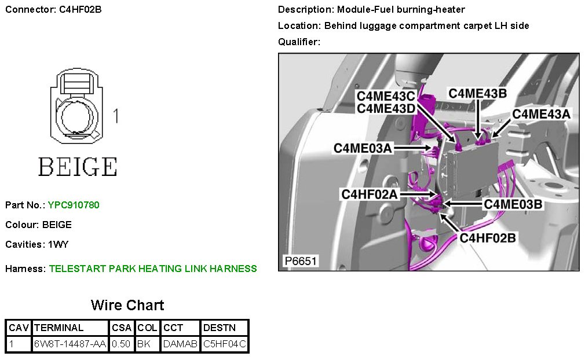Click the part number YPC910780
point(74,205)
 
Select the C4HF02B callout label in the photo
point(487,237)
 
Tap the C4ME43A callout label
point(541,115)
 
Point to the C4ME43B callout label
point(478,93)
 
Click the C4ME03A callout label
point(363,148)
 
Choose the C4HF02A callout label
point(370,194)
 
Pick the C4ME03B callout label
point(513,204)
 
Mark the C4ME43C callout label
point(386,96)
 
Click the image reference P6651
point(300,261)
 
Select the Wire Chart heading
point(127,305)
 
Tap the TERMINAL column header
point(58,328)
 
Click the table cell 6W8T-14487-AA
point(70,344)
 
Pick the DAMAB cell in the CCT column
point(180,344)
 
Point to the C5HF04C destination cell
point(225,344)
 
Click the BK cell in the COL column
point(143,344)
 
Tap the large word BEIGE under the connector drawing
point(78,167)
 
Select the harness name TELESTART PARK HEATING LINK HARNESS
point(153,269)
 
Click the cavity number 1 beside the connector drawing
point(116,116)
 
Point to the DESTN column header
point(220,328)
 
